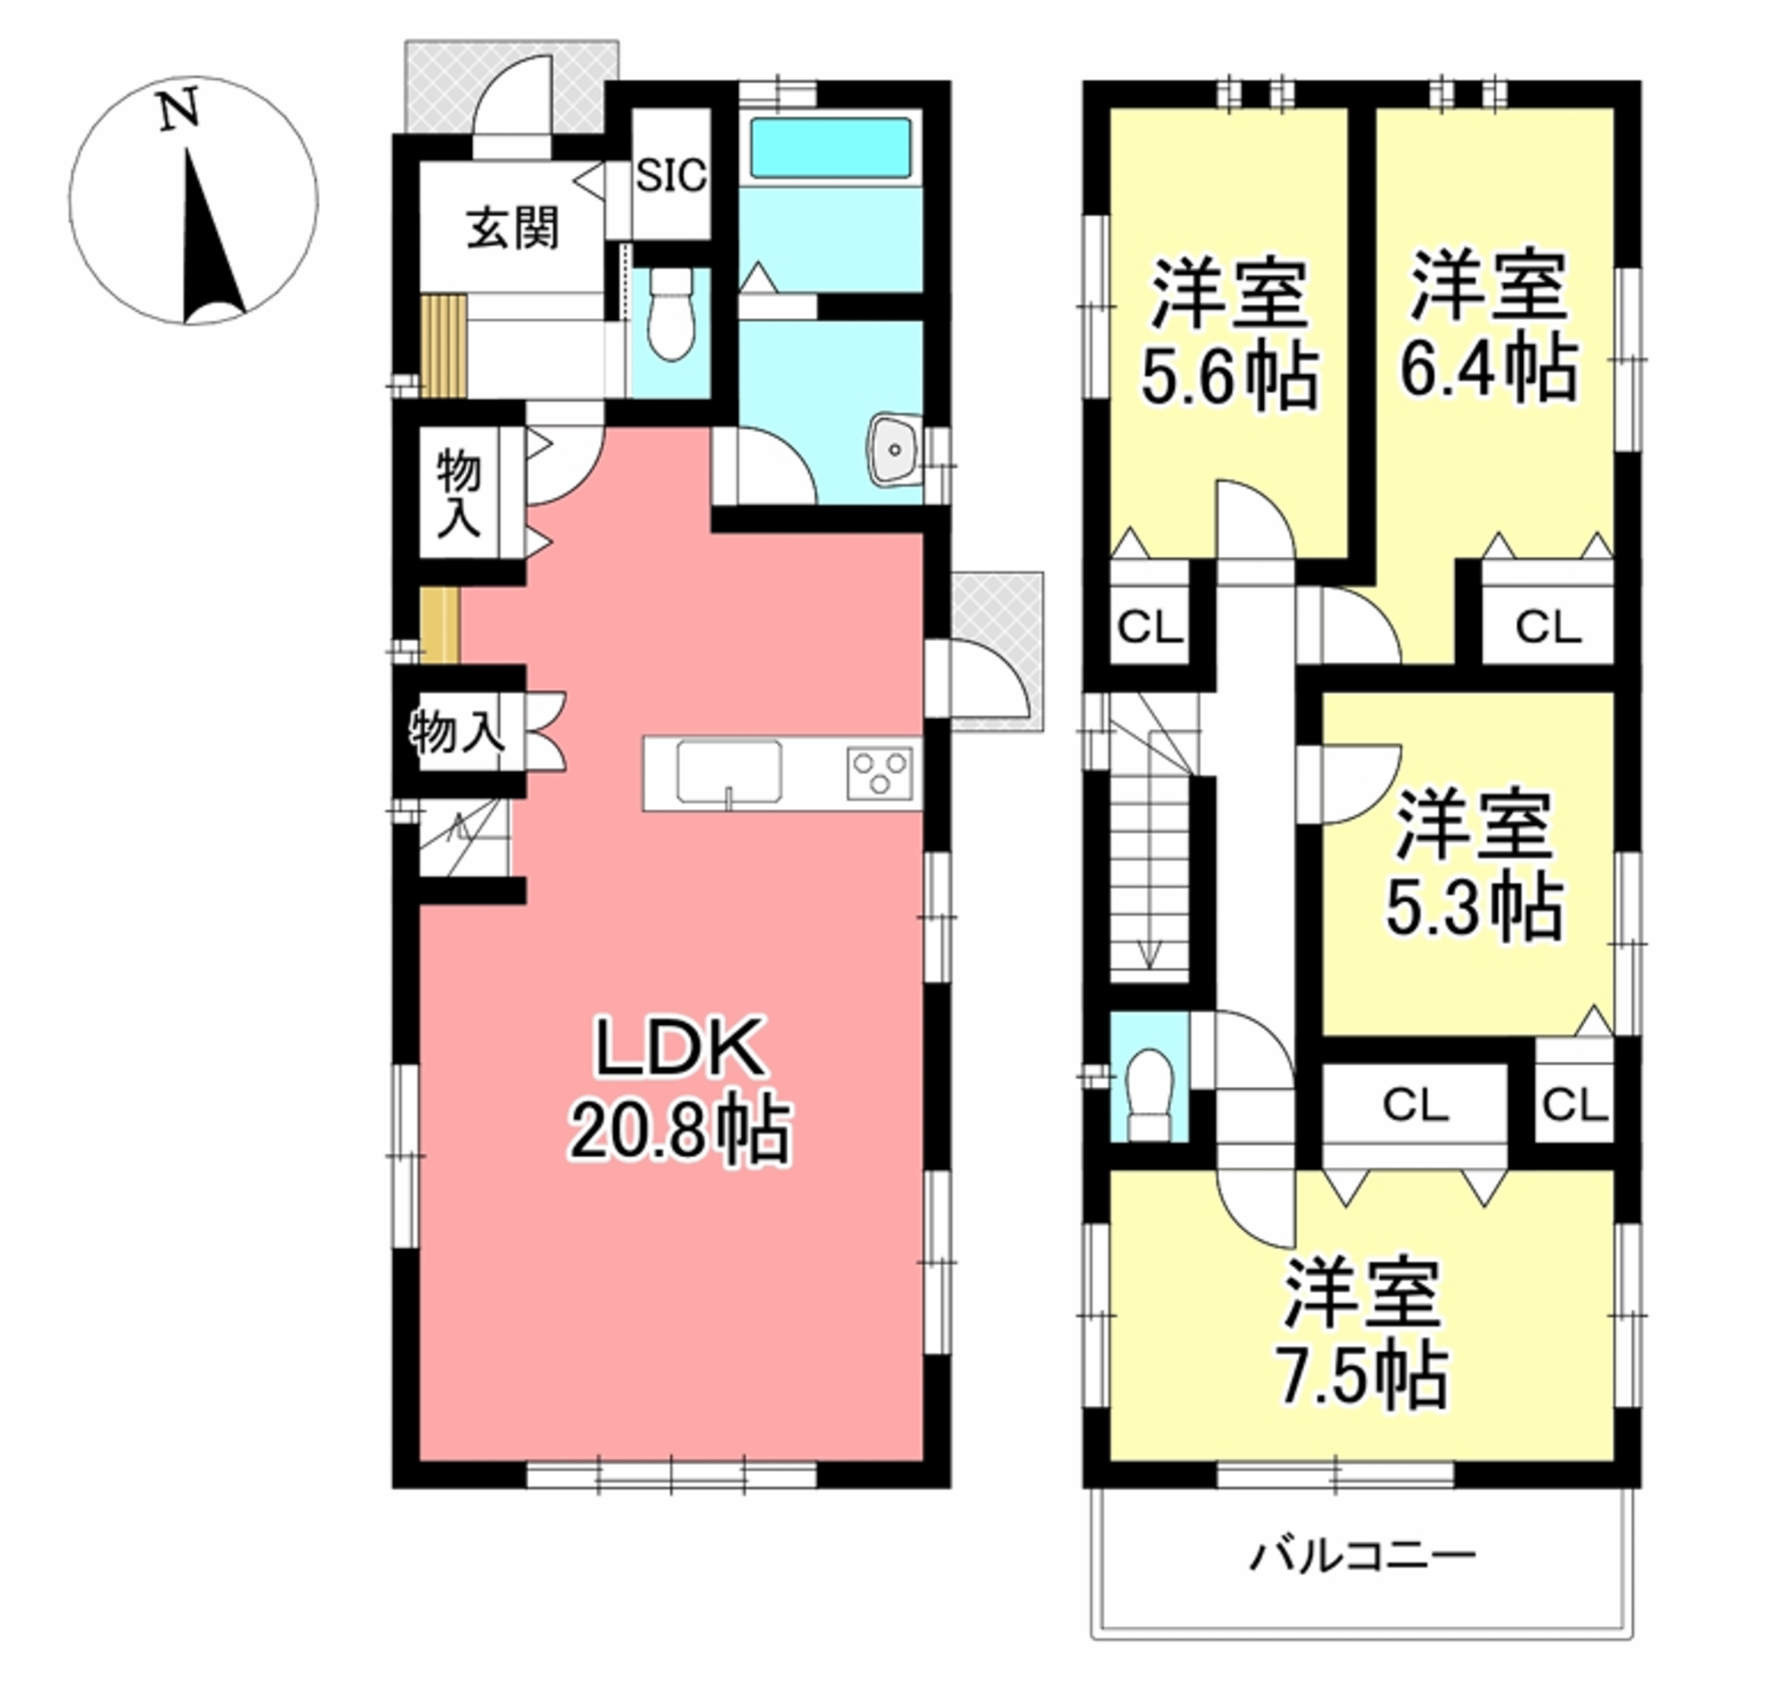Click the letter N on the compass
tap(179, 112)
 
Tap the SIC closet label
tap(670, 176)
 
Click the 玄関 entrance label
tap(512, 229)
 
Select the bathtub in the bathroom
tap(830, 148)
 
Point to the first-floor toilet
tap(670, 315)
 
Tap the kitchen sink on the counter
tap(728, 770)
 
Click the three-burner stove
tap(880, 773)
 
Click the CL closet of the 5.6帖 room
tap(1149, 628)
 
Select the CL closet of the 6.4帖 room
tap(1548, 628)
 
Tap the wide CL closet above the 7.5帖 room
tap(1415, 1105)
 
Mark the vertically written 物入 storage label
tap(458, 494)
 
